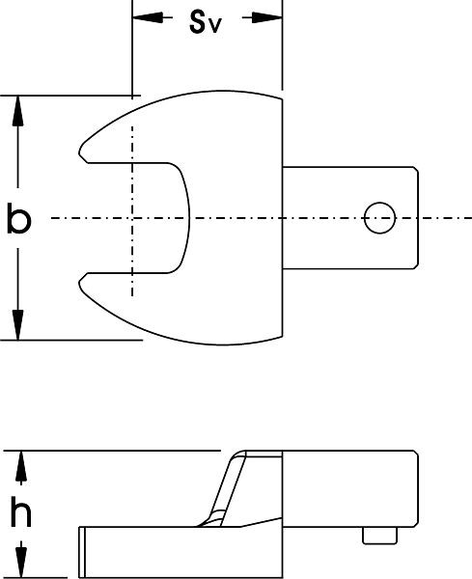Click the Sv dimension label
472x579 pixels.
click(206, 23)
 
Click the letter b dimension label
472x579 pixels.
click(19, 219)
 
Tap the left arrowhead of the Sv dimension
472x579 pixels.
click(148, 17)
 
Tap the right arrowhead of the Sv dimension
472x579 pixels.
click(267, 17)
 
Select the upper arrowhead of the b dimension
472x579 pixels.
click(17, 111)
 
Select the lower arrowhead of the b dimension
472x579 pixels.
click(17, 325)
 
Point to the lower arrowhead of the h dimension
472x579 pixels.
click(21, 564)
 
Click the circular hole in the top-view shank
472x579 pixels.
click(379, 218)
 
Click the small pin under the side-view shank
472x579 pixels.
click(379, 536)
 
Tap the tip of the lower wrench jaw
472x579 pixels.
click(79, 283)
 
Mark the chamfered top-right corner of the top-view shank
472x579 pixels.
click(416, 170)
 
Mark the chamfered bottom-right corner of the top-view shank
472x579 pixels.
click(416, 266)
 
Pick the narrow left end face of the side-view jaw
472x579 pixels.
click(82, 552)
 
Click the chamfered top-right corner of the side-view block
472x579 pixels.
click(415, 454)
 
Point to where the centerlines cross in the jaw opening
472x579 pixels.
click(132, 218)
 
